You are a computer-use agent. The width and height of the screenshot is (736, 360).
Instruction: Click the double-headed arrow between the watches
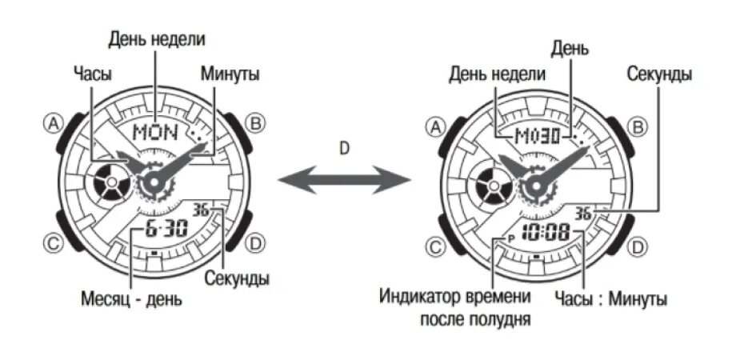(344, 182)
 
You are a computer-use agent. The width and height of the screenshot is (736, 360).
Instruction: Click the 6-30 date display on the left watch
(166, 230)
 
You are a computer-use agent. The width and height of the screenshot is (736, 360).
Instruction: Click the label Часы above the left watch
(90, 74)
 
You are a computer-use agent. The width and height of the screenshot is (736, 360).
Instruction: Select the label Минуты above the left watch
(230, 74)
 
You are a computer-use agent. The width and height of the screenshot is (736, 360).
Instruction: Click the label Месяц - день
(131, 300)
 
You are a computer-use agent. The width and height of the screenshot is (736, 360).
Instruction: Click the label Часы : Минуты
(610, 299)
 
